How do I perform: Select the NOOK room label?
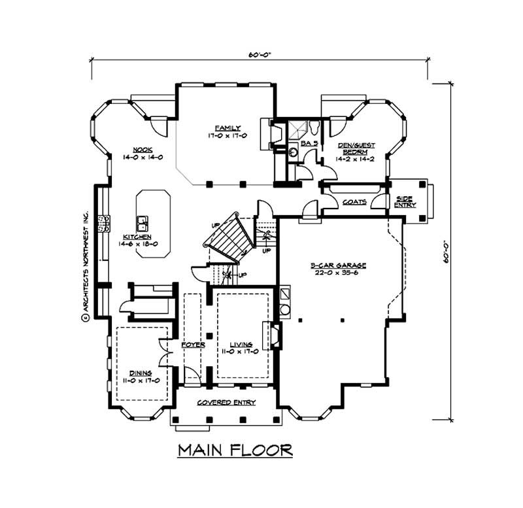(142, 150)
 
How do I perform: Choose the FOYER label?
(194, 345)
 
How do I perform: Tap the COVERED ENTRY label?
(227, 403)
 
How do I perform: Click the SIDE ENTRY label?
(405, 201)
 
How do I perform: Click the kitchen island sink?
(142, 222)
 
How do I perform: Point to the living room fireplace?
(272, 336)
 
